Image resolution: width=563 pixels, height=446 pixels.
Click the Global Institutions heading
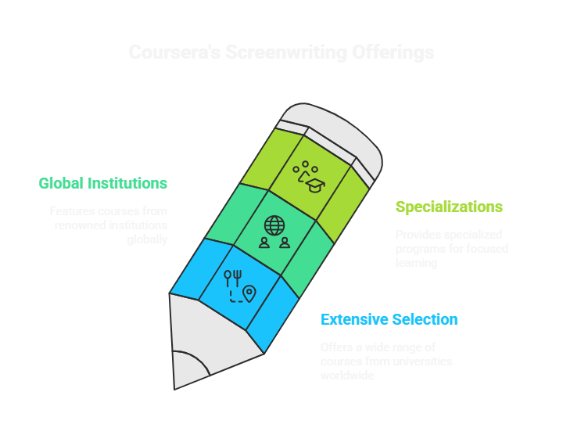click(x=102, y=183)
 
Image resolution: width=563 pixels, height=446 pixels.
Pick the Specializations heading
click(x=449, y=207)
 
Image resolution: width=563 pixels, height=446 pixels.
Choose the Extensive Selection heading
click(x=389, y=319)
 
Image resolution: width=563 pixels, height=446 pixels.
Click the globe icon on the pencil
click(x=274, y=225)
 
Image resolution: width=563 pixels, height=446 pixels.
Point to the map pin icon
click(x=249, y=293)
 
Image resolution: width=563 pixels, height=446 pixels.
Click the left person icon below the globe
click(x=264, y=243)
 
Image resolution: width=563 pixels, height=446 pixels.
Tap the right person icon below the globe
click(x=285, y=243)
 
